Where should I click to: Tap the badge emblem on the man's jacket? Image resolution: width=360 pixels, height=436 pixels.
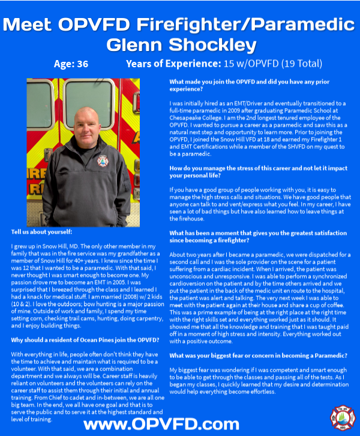[103, 161]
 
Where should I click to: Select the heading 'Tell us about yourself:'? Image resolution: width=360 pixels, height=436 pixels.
[41, 232]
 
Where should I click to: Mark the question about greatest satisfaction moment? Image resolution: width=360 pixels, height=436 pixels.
[258, 235]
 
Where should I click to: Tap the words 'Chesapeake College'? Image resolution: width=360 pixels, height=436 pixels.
[197, 117]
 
